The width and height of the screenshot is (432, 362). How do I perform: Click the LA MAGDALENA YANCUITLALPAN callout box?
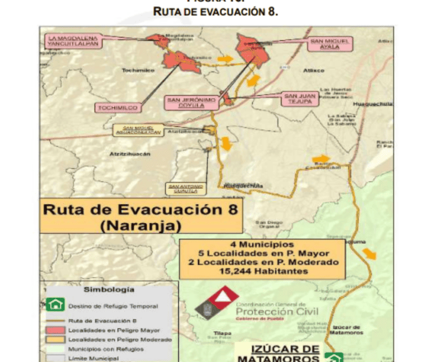(68, 41)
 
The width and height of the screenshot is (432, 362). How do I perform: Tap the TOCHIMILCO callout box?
(118, 108)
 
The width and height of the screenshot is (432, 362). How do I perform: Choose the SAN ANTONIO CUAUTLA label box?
(186, 188)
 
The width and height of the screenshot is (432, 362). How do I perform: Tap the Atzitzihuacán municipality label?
(130, 154)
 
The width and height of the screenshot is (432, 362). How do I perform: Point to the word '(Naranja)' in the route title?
(140, 225)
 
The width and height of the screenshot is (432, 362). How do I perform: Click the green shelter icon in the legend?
(54, 305)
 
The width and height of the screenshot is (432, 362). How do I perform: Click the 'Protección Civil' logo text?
(277, 311)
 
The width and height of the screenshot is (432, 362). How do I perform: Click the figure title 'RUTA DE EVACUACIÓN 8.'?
(216, 11)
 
